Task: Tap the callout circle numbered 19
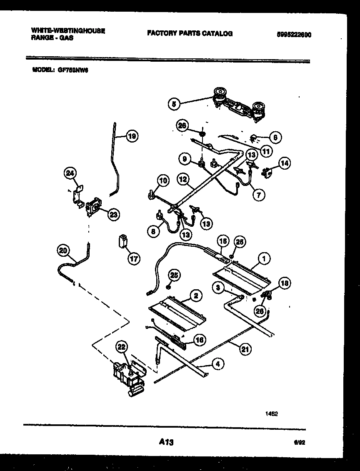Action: (x=132, y=136)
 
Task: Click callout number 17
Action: (x=134, y=259)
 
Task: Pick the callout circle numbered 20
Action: (x=63, y=250)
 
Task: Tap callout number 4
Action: (x=217, y=364)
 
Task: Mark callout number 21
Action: (x=245, y=349)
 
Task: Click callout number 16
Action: (x=200, y=340)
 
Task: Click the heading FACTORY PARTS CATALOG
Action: (x=190, y=33)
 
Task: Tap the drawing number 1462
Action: (x=272, y=414)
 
